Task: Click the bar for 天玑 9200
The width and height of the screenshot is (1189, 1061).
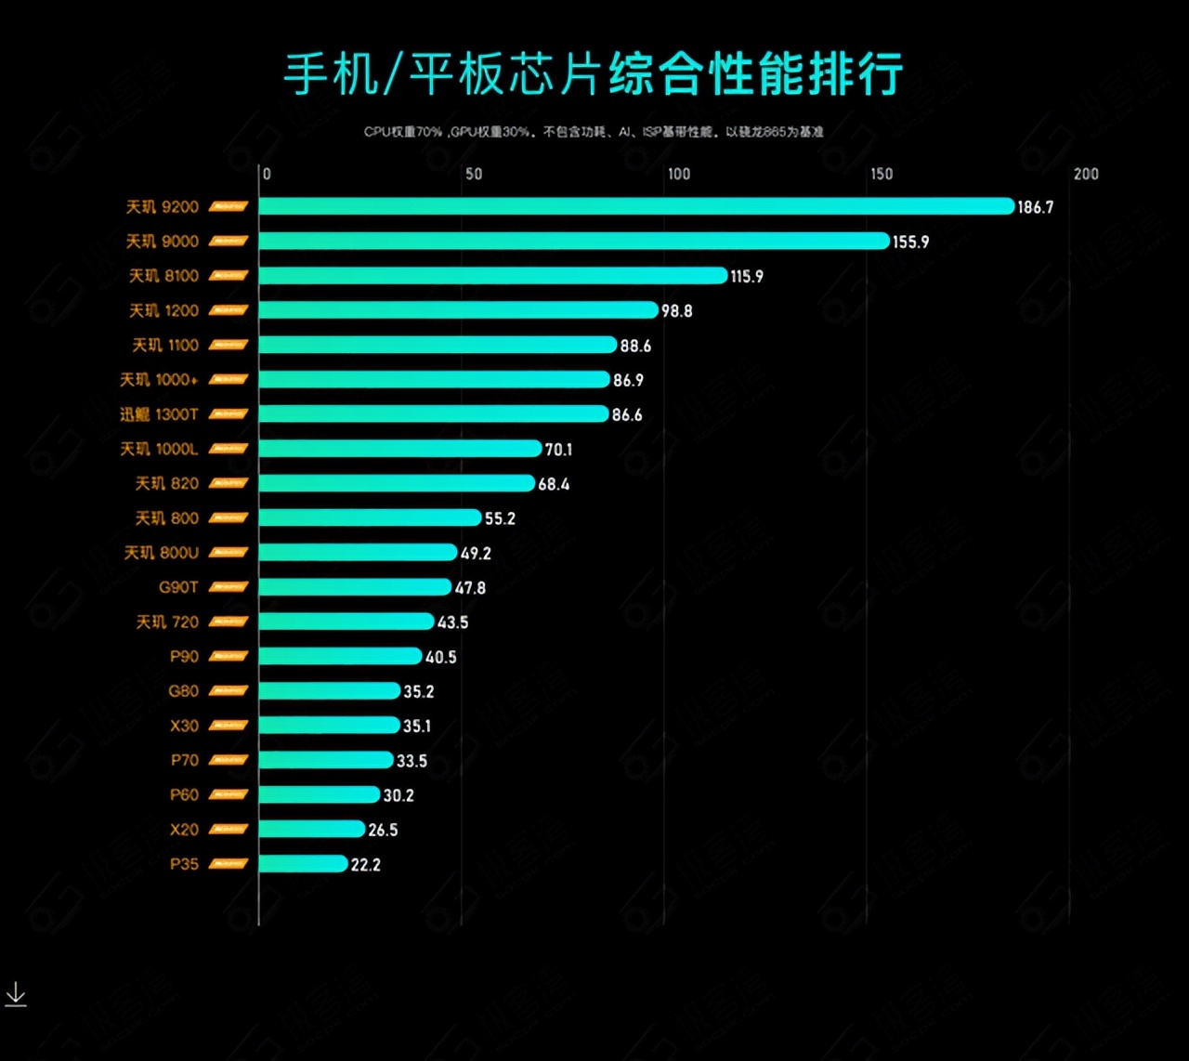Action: pos(636,206)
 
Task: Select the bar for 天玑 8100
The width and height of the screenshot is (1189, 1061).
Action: pos(492,276)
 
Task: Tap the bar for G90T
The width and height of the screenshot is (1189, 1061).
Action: pos(355,587)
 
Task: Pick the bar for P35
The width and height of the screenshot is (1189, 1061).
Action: pos(303,864)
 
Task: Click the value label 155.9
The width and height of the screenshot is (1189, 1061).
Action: pos(910,242)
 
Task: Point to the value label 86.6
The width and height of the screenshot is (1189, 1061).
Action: pos(627,415)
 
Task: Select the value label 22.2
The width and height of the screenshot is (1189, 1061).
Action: pos(365,865)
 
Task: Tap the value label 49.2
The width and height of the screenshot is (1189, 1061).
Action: pos(476,554)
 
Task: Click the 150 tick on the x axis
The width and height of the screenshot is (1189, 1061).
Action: pos(881,174)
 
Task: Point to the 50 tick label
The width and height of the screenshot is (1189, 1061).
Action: pos(474,174)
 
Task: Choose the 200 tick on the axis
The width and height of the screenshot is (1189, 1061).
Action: pos(1086,174)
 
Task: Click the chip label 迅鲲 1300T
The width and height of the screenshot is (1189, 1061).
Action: pos(159,414)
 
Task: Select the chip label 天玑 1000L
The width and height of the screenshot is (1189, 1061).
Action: pos(159,449)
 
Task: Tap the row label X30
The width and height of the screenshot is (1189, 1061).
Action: pos(184,726)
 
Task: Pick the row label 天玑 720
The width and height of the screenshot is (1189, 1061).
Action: pos(167,622)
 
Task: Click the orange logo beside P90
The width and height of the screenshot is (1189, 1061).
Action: pos(228,657)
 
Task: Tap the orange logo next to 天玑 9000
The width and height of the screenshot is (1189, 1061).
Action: pos(228,242)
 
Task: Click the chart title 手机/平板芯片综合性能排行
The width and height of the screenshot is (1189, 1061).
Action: pos(594,74)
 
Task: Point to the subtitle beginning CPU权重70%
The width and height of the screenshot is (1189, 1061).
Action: pos(594,132)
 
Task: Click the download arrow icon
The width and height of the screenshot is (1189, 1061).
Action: pos(16,994)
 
